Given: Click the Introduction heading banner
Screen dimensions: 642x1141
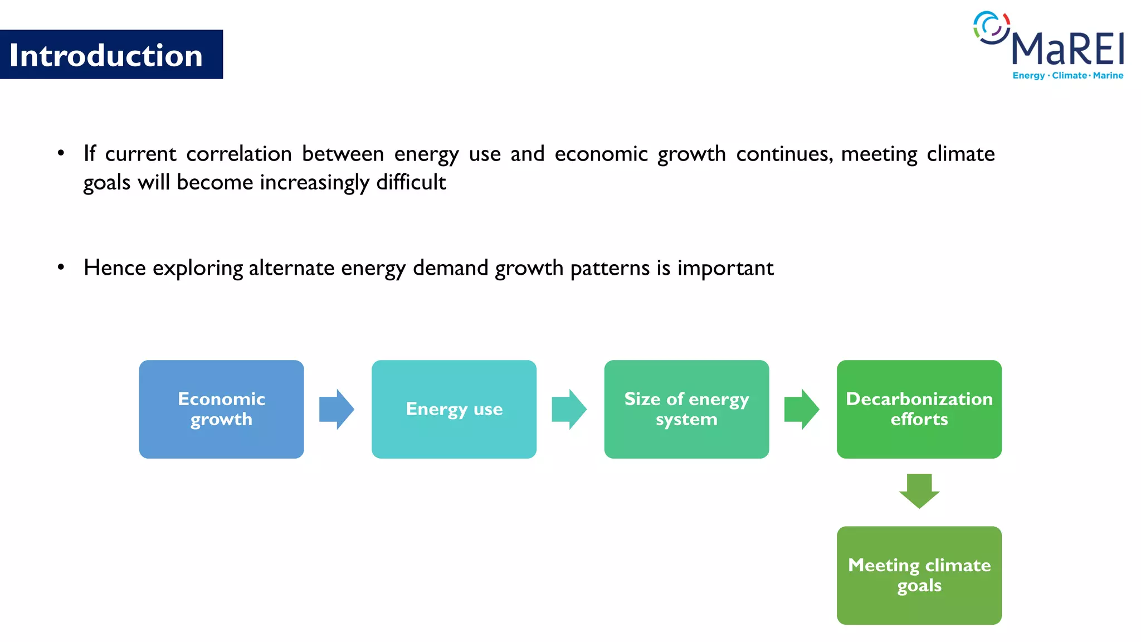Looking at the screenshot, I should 111,55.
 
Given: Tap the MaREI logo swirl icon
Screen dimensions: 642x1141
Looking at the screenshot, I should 991,27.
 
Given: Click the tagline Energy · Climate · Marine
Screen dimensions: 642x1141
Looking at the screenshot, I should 1067,76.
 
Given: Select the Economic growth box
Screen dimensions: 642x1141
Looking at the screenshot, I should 221,409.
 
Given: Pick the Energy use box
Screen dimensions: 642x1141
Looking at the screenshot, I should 454,409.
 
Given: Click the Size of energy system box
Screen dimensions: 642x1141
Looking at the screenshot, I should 686,409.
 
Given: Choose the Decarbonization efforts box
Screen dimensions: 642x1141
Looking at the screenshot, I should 919,409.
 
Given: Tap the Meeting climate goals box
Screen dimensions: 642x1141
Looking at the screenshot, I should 919,575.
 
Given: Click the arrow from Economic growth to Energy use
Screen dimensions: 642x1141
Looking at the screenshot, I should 337,409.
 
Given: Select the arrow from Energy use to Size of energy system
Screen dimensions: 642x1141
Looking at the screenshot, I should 569,409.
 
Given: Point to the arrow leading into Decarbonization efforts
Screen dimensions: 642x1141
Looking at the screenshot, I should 801,409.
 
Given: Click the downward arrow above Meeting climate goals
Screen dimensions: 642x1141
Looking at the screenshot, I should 919,490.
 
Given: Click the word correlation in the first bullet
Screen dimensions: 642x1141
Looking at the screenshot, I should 238,154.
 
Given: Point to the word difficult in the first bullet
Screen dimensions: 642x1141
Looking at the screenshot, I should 411,183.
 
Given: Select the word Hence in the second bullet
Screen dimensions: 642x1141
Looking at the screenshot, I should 114,268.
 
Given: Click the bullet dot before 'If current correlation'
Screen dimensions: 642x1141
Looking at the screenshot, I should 61,153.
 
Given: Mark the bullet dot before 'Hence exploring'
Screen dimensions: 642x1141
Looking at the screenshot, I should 61,267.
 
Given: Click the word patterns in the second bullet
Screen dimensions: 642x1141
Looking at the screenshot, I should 609,269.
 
